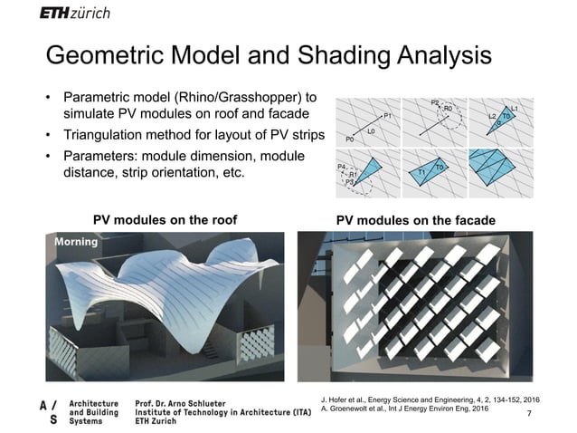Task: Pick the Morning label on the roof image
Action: click(x=75, y=243)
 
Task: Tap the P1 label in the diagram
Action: click(x=387, y=115)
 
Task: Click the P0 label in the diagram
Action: click(x=350, y=140)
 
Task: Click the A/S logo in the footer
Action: click(x=47, y=411)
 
